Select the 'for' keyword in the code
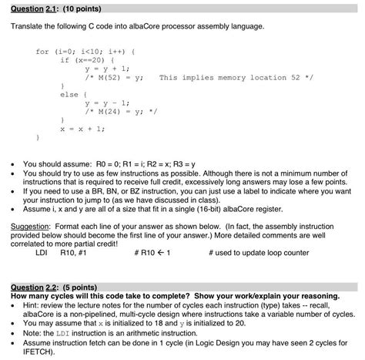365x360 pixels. coord(42,52)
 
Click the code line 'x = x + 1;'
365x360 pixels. coord(82,129)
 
